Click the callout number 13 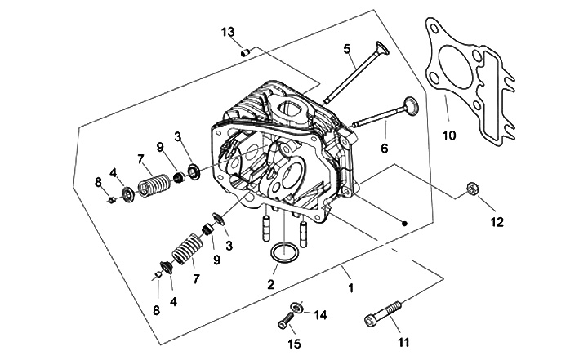228,32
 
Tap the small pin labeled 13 246,52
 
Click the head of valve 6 410,104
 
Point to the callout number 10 449,135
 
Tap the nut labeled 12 472,188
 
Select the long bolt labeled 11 383,313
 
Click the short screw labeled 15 285,321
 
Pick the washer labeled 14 297,307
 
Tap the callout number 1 351,288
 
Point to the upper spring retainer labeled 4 129,195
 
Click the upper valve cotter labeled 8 111,199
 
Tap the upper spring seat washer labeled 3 194,171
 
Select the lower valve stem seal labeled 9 207,229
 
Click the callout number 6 385,149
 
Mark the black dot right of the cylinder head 404,224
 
